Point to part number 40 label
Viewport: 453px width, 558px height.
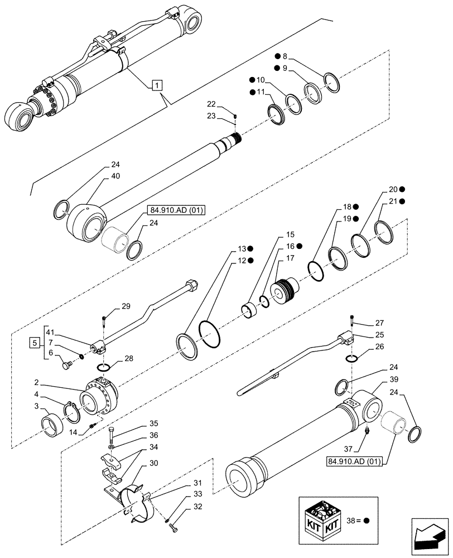tap(115, 176)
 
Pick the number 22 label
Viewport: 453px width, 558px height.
tap(211, 104)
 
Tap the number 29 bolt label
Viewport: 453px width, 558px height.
tap(126, 306)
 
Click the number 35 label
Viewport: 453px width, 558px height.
tap(138, 424)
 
